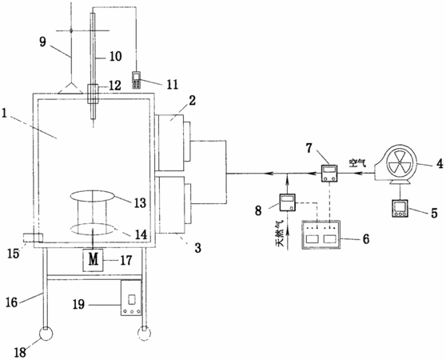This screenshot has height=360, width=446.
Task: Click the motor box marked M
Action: click(x=93, y=260)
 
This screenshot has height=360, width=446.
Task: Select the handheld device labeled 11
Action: click(x=137, y=81)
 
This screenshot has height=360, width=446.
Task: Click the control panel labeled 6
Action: click(x=321, y=234)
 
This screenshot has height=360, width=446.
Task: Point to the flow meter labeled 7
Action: click(x=329, y=173)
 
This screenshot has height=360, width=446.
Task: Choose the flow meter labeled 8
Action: click(x=288, y=202)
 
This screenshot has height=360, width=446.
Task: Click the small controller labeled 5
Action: click(x=400, y=209)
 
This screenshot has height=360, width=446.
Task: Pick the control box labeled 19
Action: click(x=131, y=298)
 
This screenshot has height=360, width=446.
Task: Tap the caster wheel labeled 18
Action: click(x=46, y=334)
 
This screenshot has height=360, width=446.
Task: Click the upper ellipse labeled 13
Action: click(x=93, y=196)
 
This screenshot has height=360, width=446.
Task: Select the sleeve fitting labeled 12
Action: click(x=93, y=94)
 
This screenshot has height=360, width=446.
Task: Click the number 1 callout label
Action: click(x=4, y=114)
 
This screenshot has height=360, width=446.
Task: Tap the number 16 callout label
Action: click(x=12, y=302)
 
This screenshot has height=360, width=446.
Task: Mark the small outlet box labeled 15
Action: click(x=34, y=238)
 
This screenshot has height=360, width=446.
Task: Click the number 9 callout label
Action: click(x=42, y=42)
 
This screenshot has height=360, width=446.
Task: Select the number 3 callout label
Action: click(x=197, y=248)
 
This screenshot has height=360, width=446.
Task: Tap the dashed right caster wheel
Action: click(x=144, y=334)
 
